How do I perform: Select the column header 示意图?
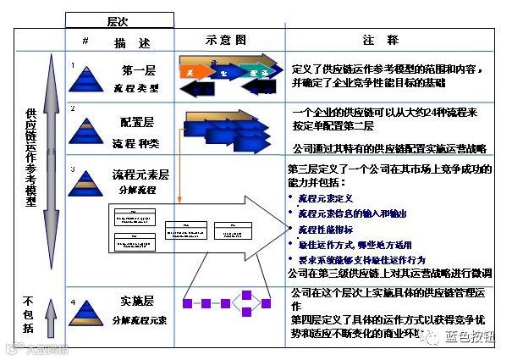tap(226, 40)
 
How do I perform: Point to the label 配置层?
tap(140, 121)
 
